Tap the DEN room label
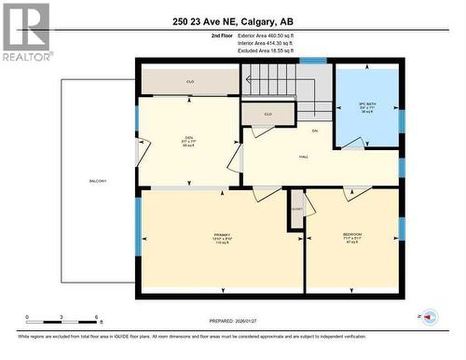[187, 141]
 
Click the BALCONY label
[98, 180]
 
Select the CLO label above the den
[189, 82]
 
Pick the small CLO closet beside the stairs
[267, 114]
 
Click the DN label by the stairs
[315, 131]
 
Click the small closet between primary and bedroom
[295, 211]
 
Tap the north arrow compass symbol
[430, 317]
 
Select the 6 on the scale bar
[97, 317]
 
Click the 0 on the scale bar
[27, 317]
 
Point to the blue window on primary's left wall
[139, 220]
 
